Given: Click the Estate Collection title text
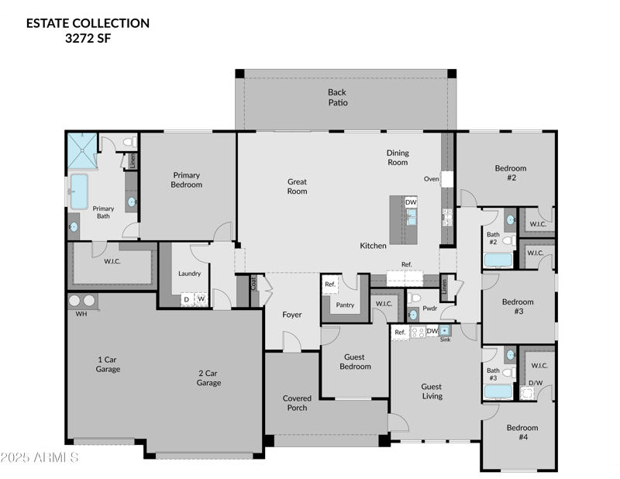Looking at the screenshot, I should tap(88, 23).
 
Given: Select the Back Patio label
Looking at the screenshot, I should tap(337, 98).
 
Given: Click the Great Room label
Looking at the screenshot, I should tap(298, 186).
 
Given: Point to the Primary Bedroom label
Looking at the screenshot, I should tap(187, 180).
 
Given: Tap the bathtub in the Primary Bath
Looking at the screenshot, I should tap(79, 191).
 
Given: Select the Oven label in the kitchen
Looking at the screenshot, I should tap(432, 179).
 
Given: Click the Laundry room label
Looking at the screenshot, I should tap(189, 273).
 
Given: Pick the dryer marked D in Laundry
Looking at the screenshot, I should tap(186, 298).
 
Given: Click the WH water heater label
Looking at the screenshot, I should tap(81, 315).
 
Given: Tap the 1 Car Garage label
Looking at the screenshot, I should tap(108, 364).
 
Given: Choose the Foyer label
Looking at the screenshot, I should tap(291, 315).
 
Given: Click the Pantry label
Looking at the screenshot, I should tap(345, 305).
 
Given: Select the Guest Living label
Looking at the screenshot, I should tap(432, 391).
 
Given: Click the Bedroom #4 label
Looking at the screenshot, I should tap(522, 432).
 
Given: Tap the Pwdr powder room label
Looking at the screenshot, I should tap(430, 308).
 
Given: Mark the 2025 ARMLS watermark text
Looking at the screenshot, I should tap(40, 458).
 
